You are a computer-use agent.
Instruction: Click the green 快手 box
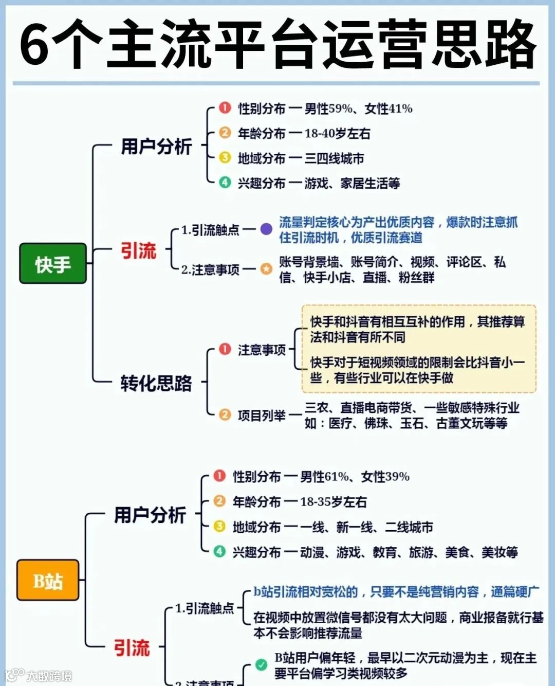pos(52,264)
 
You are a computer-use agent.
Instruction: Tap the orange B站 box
pos(48,581)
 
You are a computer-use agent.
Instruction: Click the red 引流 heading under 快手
pos(138,251)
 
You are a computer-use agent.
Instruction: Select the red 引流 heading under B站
pos(132,647)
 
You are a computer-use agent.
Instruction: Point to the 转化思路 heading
pos(156,383)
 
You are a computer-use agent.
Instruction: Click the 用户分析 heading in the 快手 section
pos(156,147)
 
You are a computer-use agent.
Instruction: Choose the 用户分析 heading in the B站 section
pos(150,515)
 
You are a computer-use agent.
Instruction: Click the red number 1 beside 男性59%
pos(225,108)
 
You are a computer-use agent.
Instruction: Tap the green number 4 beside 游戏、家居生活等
pos(225,182)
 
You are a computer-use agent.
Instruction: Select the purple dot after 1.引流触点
pos(266,229)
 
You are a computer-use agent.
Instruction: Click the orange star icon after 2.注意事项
pos(266,268)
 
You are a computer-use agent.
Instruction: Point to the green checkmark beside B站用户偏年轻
pos(261,664)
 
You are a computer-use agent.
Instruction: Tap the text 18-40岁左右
pos(337,134)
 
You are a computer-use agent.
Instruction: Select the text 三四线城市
pos(334,158)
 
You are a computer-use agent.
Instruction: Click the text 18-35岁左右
pos(333,502)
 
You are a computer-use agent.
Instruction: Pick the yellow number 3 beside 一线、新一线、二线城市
pos(219,526)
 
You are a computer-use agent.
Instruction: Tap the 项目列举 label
pos(262,415)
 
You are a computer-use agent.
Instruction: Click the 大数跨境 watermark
pos(49,675)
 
